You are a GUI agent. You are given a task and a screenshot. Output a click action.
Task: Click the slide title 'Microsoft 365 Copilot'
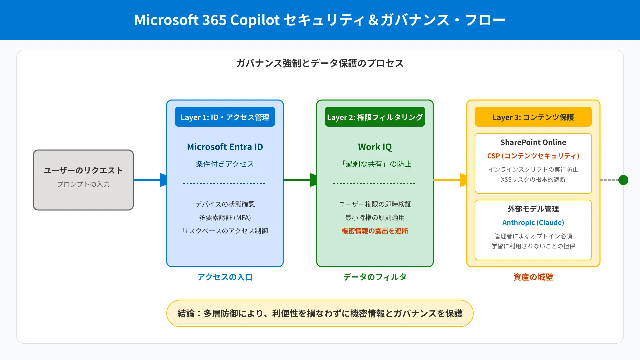click(x=207, y=20)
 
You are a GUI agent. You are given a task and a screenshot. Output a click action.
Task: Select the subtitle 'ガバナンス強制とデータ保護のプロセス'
click(x=320, y=63)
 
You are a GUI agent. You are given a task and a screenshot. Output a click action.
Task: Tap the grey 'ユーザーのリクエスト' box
click(x=83, y=180)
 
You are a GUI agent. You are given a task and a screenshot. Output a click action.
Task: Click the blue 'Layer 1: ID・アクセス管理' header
click(x=225, y=117)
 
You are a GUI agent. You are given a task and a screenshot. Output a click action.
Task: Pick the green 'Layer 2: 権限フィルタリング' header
click(x=375, y=117)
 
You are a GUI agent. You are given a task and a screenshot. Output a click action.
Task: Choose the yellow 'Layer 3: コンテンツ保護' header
click(x=533, y=117)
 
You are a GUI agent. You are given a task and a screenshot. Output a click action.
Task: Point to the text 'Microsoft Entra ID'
click(x=225, y=147)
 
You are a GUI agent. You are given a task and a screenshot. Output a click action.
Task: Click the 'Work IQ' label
click(x=375, y=147)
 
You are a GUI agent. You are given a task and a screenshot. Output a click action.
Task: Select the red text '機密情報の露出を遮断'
click(x=375, y=231)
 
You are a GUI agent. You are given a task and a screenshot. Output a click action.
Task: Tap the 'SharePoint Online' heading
click(x=533, y=142)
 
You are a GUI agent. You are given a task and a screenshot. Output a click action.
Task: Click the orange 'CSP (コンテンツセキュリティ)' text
click(x=533, y=156)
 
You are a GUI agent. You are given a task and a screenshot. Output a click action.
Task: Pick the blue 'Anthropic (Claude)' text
click(x=533, y=223)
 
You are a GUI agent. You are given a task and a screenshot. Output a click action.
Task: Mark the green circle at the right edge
click(x=623, y=180)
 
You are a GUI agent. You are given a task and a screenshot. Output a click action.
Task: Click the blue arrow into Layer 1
click(x=150, y=180)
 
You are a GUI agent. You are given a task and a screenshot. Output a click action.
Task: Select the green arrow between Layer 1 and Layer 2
click(x=300, y=180)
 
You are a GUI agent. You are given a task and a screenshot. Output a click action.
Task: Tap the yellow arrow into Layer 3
click(x=450, y=180)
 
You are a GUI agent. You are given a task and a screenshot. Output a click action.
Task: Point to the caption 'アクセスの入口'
click(x=225, y=277)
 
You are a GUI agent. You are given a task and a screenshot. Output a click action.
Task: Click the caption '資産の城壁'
click(x=533, y=277)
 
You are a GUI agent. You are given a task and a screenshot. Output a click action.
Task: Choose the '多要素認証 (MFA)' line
click(x=225, y=218)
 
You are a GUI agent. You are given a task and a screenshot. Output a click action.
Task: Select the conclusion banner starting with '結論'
click(x=320, y=313)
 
